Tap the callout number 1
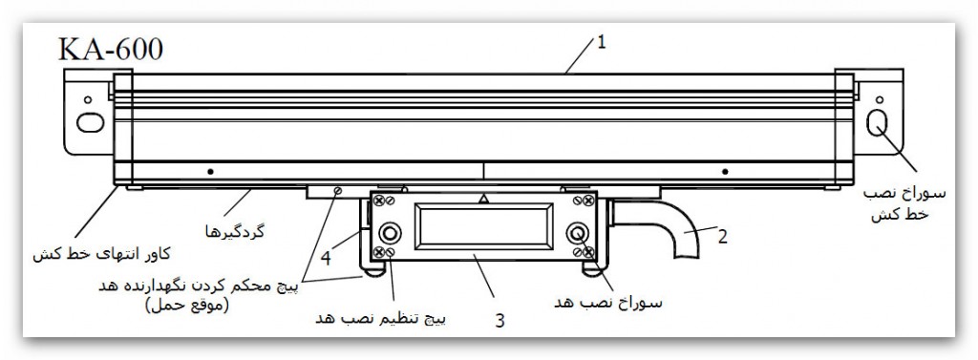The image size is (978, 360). [x=602, y=41]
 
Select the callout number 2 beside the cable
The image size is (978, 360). [x=722, y=237]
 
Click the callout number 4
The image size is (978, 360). [x=327, y=256]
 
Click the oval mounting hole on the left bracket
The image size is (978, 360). [x=87, y=124]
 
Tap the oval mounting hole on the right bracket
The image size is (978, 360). [x=878, y=123]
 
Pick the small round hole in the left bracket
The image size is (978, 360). [x=88, y=99]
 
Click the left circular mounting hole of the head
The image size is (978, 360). [x=390, y=235]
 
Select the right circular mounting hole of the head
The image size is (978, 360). [x=577, y=235]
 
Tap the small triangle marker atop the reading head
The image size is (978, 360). [x=483, y=200]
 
